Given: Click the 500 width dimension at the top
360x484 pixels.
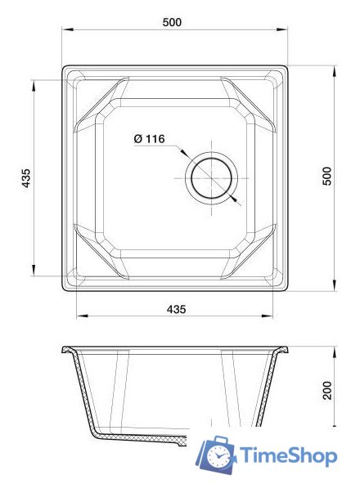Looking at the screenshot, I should [x=172, y=22].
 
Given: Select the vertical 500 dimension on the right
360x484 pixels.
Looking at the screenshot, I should [x=326, y=176].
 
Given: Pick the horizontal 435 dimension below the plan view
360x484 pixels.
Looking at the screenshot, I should [x=176, y=309].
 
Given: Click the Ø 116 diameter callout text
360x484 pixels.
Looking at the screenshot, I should [x=150, y=140].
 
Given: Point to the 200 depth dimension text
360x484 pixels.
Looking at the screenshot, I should [x=326, y=390].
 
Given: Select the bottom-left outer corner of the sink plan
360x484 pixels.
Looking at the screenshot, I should [x=63, y=289].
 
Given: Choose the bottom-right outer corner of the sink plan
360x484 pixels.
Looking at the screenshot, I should [x=288, y=289].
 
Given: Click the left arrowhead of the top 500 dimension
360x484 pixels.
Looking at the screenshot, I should [x=66, y=32].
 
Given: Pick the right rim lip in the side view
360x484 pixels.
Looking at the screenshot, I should [x=284, y=351].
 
